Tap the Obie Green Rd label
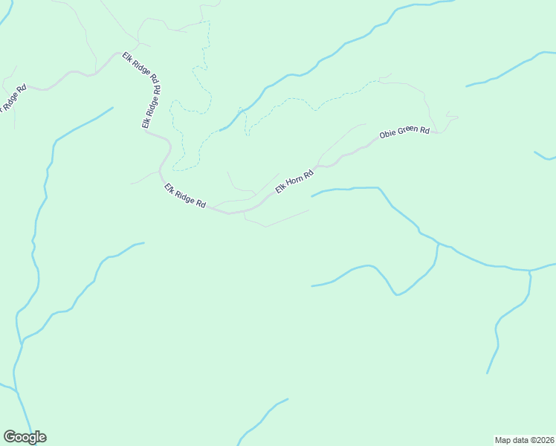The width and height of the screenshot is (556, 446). (404, 135)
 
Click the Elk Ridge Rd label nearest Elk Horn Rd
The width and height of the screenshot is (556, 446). (185, 195)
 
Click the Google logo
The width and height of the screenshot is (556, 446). (25, 437)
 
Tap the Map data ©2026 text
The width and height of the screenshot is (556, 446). (524, 439)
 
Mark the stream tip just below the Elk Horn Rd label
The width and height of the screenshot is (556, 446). (312, 196)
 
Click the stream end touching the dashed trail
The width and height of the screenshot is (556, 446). (222, 130)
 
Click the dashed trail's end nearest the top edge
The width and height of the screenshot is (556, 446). (209, 23)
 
